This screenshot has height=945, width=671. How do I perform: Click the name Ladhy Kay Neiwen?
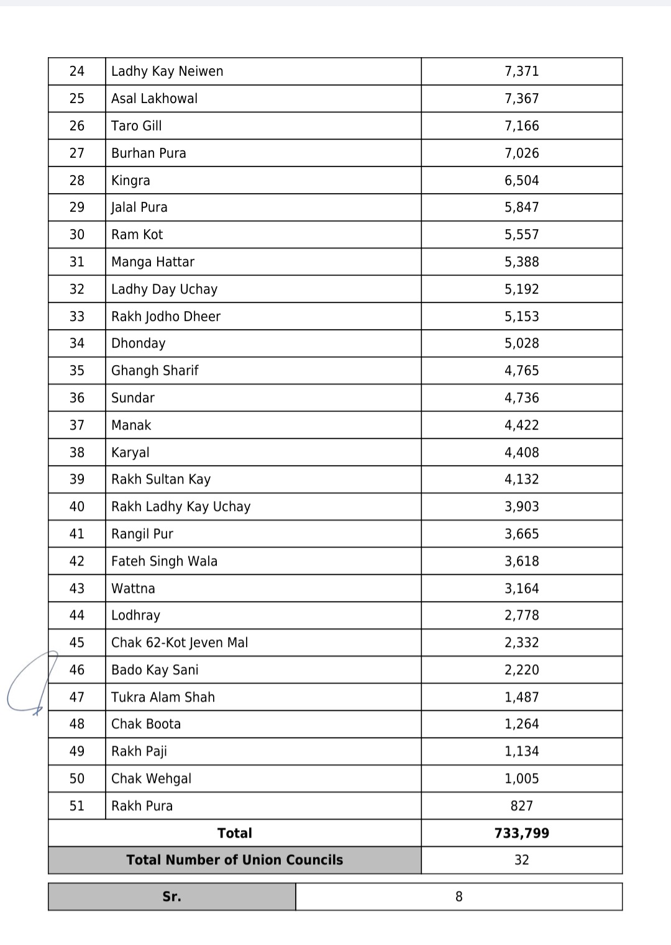tap(167, 71)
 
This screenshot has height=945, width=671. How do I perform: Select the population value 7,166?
tap(521, 126)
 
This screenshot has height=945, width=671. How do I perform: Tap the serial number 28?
tap(77, 181)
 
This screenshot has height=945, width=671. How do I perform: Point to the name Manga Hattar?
tap(153, 262)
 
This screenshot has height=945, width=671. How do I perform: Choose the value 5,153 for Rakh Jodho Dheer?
tap(521, 317)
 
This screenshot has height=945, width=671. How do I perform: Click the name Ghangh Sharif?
tap(155, 371)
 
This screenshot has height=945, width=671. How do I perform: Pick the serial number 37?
tap(77, 425)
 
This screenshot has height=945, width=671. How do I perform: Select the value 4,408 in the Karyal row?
tap(521, 453)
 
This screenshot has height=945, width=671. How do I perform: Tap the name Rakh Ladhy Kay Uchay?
tap(181, 507)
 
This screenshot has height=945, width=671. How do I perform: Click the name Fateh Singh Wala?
tap(164, 561)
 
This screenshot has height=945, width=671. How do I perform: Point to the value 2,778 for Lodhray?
tap(521, 615)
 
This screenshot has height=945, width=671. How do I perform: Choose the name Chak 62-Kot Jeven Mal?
tap(180, 643)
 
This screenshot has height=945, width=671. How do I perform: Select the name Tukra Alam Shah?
tap(163, 697)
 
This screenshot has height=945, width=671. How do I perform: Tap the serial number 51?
tap(77, 806)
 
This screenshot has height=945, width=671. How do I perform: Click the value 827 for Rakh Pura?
tap(521, 806)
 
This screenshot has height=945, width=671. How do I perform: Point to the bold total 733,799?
tap(521, 833)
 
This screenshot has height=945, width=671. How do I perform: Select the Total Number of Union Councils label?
tap(235, 860)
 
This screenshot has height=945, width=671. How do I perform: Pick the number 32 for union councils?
tap(521, 860)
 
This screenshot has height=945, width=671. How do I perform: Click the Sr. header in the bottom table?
tap(171, 897)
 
